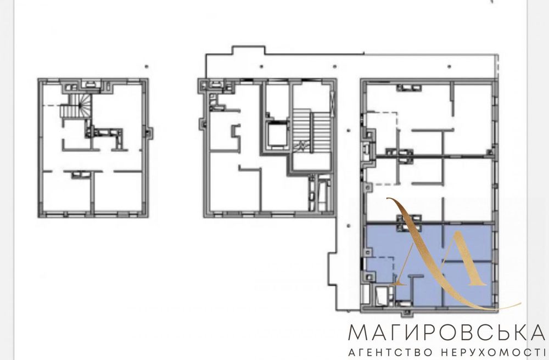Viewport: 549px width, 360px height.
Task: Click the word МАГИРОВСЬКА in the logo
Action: [447, 333]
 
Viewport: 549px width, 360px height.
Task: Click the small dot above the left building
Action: [147, 66]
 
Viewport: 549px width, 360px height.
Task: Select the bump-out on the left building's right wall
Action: [149, 133]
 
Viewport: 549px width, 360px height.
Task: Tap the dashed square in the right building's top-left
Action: [382, 130]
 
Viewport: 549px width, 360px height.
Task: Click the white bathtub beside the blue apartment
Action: [381, 296]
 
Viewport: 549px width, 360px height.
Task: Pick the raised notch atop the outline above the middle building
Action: [249, 50]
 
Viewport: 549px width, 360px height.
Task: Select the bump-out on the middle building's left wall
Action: [203, 124]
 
